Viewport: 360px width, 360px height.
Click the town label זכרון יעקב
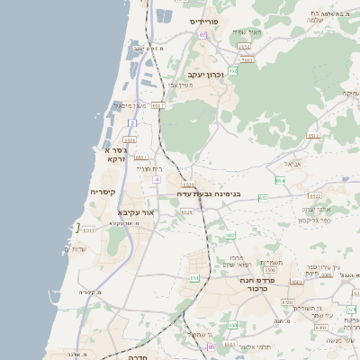click(x=204, y=76)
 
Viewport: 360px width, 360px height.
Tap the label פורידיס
click(x=205, y=21)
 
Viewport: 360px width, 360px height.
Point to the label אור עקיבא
click(x=137, y=212)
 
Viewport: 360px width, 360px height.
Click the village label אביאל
click(x=296, y=164)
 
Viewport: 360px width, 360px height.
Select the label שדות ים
click(x=77, y=248)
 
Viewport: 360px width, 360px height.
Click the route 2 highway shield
click(x=132, y=122)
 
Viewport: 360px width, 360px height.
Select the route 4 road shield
click(x=157, y=179)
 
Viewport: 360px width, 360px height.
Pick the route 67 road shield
click(x=202, y=35)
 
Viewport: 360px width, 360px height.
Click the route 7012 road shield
click(x=244, y=45)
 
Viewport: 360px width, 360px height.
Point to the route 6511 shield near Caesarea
click(x=88, y=230)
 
